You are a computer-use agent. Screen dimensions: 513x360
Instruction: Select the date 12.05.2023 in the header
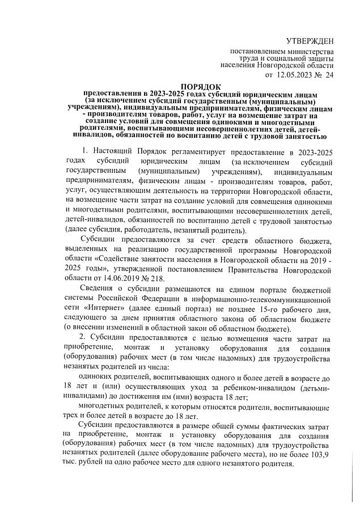(x=297, y=74)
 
